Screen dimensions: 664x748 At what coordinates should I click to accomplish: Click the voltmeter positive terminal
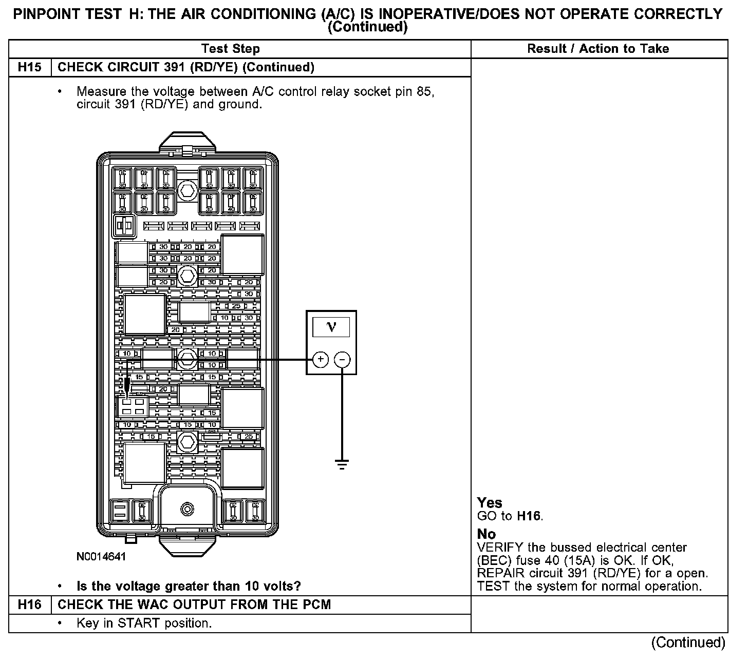pyautogui.click(x=320, y=359)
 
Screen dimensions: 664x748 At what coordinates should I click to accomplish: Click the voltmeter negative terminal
pyautogui.click(x=342, y=359)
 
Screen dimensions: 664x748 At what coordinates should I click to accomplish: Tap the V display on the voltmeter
pyautogui.click(x=331, y=327)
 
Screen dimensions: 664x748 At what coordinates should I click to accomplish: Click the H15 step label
pyautogui.click(x=30, y=67)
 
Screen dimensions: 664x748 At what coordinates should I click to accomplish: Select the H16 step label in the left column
pyautogui.click(x=30, y=604)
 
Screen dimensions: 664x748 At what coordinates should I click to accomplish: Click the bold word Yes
pyautogui.click(x=490, y=503)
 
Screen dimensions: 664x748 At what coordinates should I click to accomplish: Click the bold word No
pyautogui.click(x=486, y=534)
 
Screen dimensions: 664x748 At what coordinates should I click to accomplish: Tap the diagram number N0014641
pyautogui.click(x=101, y=557)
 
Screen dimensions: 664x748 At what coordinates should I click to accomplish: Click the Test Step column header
pyautogui.click(x=231, y=49)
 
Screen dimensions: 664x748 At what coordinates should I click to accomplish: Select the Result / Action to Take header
pyautogui.click(x=598, y=49)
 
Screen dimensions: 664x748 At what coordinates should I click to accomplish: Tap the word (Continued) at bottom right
pyautogui.click(x=688, y=642)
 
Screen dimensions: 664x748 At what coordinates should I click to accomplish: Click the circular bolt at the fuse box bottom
pyautogui.click(x=188, y=509)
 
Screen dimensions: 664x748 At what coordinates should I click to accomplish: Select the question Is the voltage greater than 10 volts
pyautogui.click(x=189, y=586)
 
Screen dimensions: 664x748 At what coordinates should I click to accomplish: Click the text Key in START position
pyautogui.click(x=144, y=623)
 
